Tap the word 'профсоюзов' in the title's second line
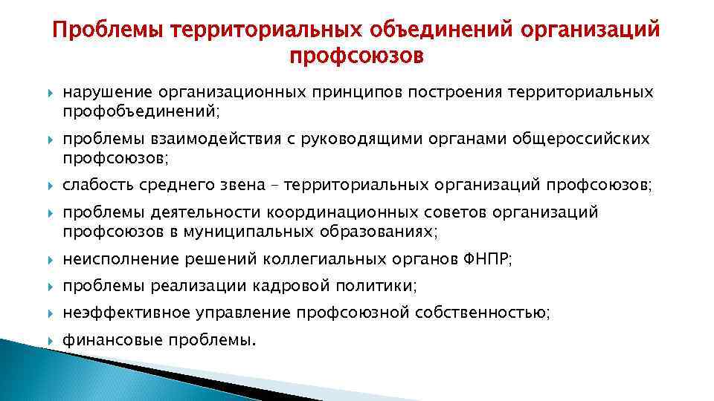click(x=356, y=56)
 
